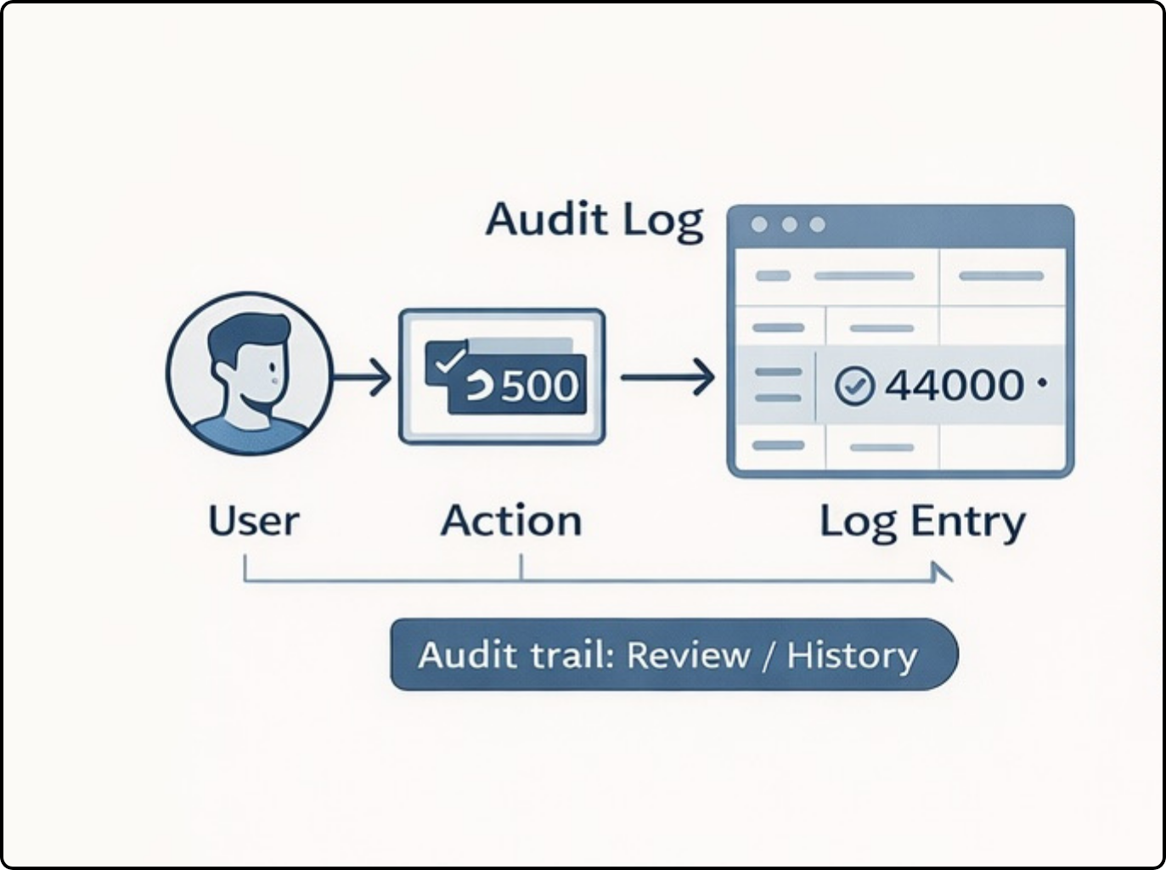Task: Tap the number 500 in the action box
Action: point(540,386)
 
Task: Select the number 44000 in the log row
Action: point(954,384)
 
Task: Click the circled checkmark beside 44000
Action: point(854,386)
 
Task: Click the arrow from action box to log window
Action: point(667,377)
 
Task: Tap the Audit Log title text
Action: point(595,221)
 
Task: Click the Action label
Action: point(511,520)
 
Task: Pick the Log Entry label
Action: point(923,523)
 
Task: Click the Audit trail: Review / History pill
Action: point(674,654)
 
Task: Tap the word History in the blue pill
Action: point(852,656)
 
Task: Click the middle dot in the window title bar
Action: point(790,225)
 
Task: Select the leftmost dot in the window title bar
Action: point(759,225)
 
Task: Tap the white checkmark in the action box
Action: point(450,359)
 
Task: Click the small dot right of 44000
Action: point(1042,382)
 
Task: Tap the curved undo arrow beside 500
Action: point(480,386)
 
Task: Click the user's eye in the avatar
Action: point(273,368)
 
